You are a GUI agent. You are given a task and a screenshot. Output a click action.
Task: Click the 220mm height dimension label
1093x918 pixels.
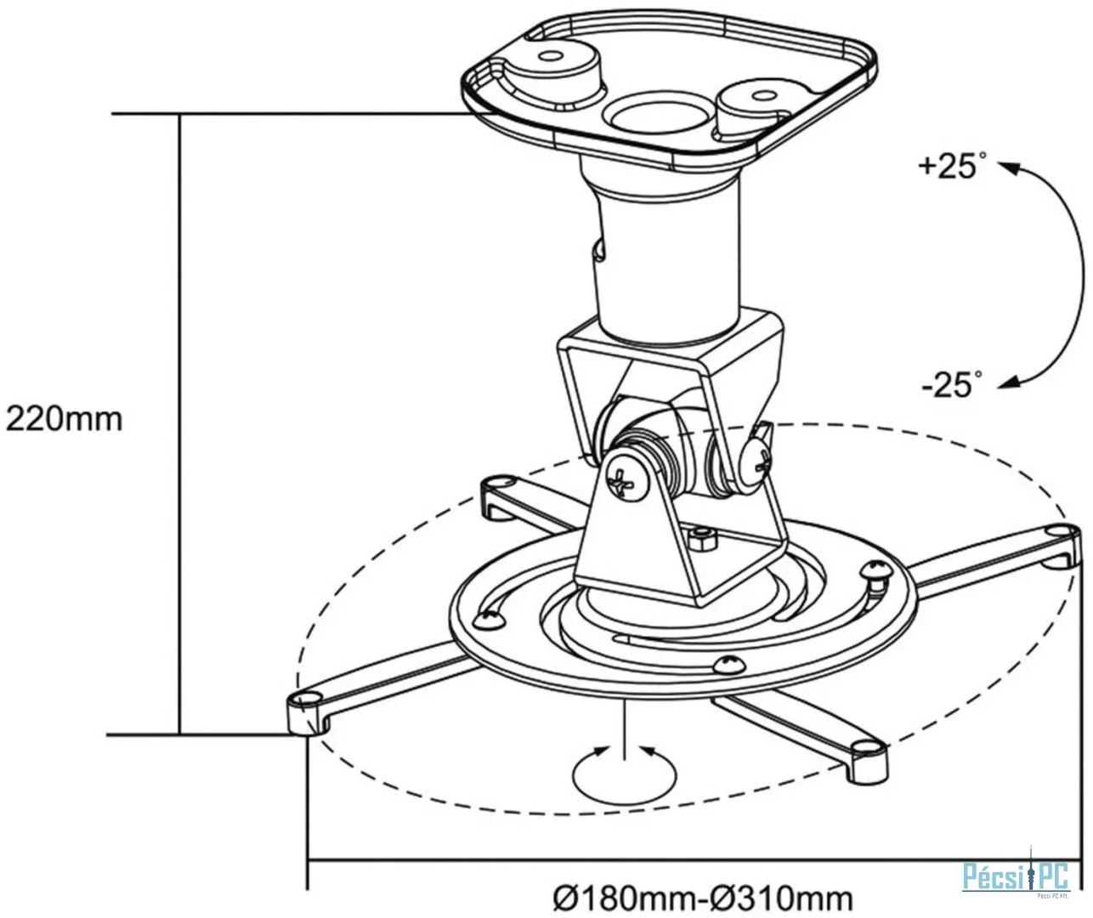[x=64, y=419]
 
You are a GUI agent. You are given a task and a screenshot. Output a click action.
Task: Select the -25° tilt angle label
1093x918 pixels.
[x=952, y=385]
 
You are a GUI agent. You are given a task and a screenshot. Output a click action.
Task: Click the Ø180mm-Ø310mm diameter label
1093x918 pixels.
[x=703, y=898]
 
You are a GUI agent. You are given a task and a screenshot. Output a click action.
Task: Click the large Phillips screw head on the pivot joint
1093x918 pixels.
[x=626, y=478]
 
